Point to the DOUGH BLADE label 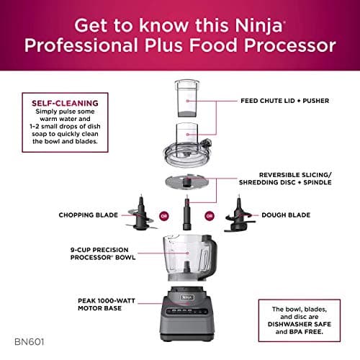pos(287,215)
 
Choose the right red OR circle pos(208,215)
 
